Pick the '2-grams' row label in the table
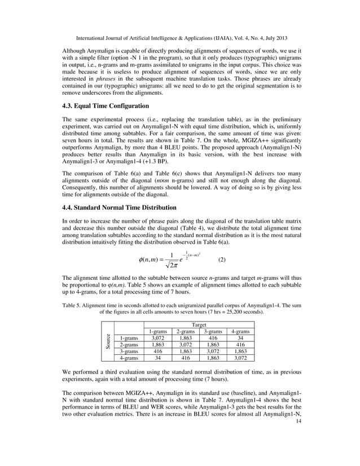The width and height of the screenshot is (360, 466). pos(128,344)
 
